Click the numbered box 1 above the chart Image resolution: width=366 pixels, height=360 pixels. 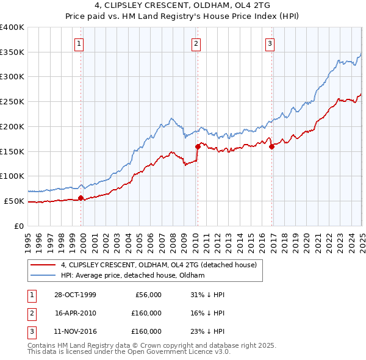coord(80,43)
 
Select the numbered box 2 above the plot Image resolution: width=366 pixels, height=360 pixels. coord(196,43)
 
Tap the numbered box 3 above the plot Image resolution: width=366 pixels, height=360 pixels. coord(270,43)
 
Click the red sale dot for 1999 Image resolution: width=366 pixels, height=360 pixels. coord(81,198)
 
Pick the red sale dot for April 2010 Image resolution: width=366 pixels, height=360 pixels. coord(198,146)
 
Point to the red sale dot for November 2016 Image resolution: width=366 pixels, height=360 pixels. coord(271,146)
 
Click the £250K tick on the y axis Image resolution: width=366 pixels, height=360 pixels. coord(12,101)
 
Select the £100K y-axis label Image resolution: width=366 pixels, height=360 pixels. coord(12,176)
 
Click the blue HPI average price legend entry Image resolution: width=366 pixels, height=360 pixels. coord(132,276)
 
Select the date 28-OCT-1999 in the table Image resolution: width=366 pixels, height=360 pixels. coord(76,295)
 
